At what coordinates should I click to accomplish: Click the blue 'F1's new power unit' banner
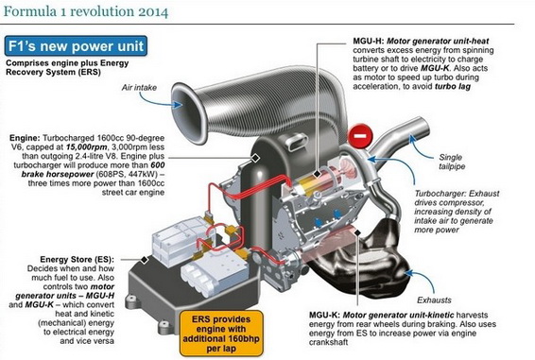pos(76,46)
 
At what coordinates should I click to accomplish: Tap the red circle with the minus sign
pos(360,136)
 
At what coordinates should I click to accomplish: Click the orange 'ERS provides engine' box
pos(221,334)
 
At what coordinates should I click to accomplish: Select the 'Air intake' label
pos(139,87)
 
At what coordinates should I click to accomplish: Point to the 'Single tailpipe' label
pos(452,162)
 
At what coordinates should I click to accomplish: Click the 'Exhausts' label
pos(434,300)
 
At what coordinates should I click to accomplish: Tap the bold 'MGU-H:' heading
pos(369,41)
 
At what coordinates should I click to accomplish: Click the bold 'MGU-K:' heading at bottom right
pos(324,315)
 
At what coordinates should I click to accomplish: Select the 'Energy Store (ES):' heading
pos(78,259)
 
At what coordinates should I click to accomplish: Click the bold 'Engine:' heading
pos(25,138)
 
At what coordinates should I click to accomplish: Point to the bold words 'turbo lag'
pos(453,86)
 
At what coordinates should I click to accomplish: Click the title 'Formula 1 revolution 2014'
pos(86,11)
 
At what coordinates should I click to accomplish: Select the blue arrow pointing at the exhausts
pos(422,281)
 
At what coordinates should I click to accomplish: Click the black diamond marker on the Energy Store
pos(145,260)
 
